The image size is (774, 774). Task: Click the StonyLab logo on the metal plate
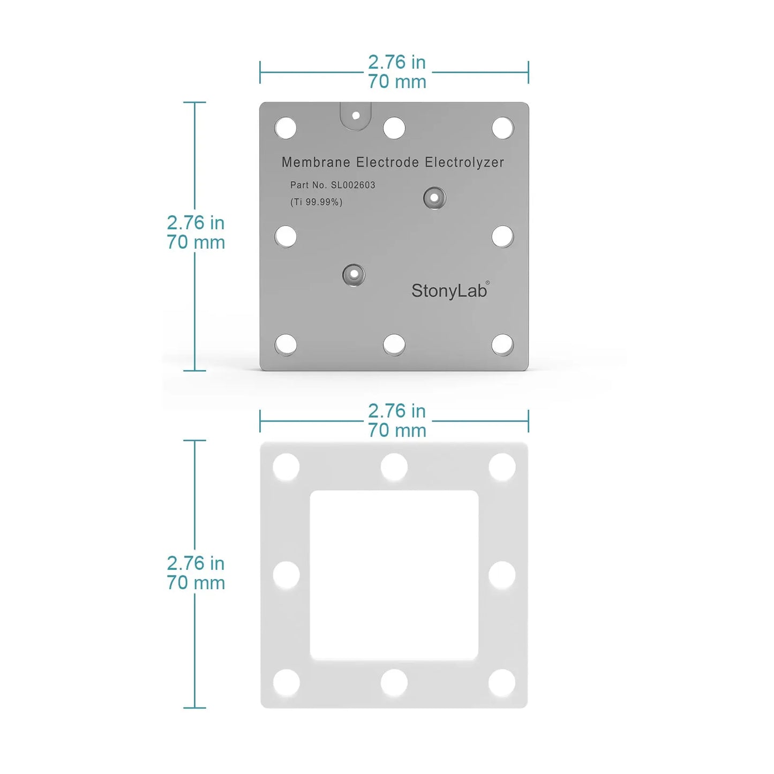[x=449, y=290]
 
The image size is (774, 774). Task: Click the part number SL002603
[x=353, y=185]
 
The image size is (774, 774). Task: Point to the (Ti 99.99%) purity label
[x=316, y=202]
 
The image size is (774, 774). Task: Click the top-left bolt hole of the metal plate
[x=285, y=129]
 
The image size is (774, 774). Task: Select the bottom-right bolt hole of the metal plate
[x=502, y=345]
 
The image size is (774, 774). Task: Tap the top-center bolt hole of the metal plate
[x=394, y=128]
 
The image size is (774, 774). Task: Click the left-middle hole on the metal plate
[x=285, y=236]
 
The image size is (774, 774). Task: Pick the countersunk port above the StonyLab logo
[x=434, y=198]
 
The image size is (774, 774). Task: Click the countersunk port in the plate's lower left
[x=354, y=275]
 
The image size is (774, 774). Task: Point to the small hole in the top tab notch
[x=356, y=115]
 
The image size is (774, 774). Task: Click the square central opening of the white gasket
[x=394, y=575]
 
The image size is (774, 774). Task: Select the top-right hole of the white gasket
[x=502, y=467]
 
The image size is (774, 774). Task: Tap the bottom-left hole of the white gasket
[x=287, y=683]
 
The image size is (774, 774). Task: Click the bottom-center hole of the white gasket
[x=394, y=683]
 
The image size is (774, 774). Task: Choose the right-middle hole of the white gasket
[x=502, y=575]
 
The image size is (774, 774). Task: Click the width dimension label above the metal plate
[x=397, y=72]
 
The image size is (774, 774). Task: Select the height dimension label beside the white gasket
[x=196, y=573]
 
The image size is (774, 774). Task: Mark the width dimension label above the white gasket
[x=397, y=420]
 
